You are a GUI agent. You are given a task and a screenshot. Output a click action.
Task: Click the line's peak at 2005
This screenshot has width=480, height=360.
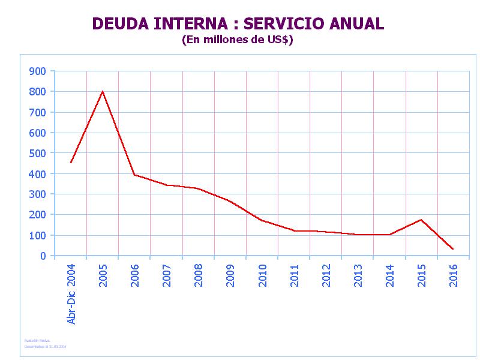coord(103,91)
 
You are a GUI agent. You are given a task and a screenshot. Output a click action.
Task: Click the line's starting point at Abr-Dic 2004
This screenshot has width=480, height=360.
coord(71,163)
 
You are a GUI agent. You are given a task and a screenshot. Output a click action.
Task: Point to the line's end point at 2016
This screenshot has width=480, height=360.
coord(453,249)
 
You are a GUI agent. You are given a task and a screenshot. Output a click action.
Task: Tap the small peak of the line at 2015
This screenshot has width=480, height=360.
coord(421,220)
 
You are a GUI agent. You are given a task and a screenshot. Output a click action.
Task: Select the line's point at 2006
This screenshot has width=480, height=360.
coord(134,175)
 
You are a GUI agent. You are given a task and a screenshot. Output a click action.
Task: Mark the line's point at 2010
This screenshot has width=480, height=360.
coord(262,220)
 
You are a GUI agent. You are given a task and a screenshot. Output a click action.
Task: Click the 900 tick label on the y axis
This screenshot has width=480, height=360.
coord(37,71)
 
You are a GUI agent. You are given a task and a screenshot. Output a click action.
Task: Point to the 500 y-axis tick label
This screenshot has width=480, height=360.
coord(37,153)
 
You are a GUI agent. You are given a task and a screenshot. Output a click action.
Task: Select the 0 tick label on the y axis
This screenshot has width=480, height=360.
coord(43,256)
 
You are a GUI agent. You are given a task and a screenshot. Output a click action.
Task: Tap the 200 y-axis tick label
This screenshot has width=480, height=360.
coord(37,215)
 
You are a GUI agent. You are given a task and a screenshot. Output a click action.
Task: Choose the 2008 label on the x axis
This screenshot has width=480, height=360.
coord(199,275)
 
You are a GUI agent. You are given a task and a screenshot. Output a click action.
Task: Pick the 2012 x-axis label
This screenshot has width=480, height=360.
coord(326,275)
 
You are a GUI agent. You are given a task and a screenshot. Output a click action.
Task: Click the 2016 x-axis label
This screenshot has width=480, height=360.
coord(454,275)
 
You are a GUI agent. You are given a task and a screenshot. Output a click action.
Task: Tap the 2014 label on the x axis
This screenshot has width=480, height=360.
coord(390,275)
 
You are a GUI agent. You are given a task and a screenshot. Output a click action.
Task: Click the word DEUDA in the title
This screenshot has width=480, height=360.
coord(121,24)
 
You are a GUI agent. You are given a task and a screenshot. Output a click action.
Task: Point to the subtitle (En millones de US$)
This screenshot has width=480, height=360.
coord(237,40)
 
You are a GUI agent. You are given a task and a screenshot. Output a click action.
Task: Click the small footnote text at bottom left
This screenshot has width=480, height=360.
coord(46,344)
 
